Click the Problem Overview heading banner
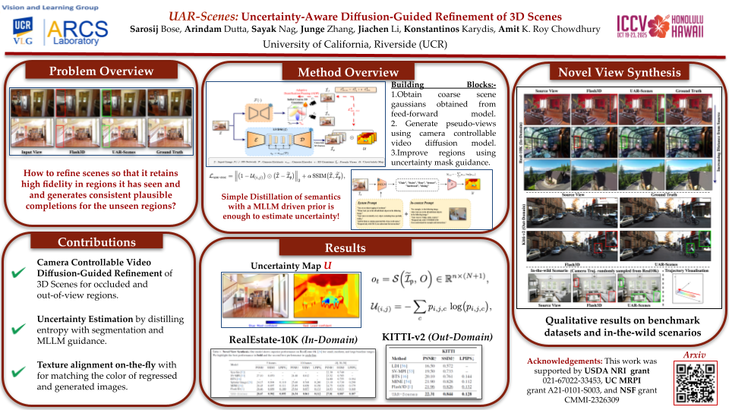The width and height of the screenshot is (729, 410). click(x=101, y=71)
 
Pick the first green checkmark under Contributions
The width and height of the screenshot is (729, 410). click(x=17, y=274)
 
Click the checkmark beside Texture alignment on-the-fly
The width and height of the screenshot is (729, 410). click(x=17, y=371)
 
